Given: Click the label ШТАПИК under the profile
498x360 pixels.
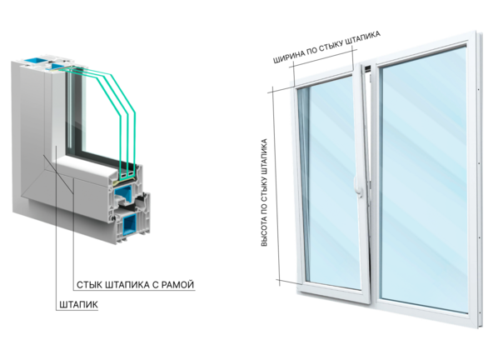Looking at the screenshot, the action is click(79, 305).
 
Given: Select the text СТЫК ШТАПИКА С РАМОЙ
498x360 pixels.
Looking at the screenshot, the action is click(135, 284).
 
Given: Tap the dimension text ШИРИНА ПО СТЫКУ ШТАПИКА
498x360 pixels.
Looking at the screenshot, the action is click(326, 47).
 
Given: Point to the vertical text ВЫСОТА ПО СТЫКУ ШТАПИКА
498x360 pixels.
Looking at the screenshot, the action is click(264, 192).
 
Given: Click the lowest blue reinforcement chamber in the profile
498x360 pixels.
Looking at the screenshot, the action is click(130, 223).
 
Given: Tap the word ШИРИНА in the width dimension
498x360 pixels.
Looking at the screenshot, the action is click(288, 57).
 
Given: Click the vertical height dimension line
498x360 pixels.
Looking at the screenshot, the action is click(276, 186).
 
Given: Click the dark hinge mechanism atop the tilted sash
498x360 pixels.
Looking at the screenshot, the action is click(368, 68).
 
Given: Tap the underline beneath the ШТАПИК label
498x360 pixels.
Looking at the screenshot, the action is click(77, 310).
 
